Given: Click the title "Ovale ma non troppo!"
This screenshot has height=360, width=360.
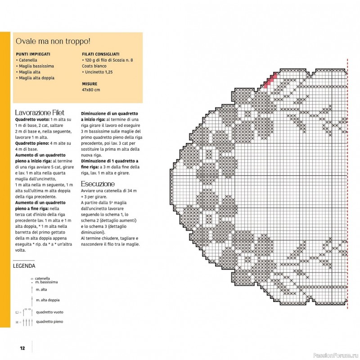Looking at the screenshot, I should [53, 41].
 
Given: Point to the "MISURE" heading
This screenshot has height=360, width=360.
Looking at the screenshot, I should [90, 84].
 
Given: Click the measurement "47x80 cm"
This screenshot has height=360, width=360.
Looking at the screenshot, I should [91, 90].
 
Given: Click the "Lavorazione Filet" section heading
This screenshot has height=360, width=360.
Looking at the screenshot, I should [40, 112].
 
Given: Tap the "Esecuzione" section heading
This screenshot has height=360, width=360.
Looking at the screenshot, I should [98, 184].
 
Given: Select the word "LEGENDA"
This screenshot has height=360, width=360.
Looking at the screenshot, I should [25, 266].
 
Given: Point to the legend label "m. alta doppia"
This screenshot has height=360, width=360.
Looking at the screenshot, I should [48, 300].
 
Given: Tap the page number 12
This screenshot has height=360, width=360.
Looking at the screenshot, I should [22, 347].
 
